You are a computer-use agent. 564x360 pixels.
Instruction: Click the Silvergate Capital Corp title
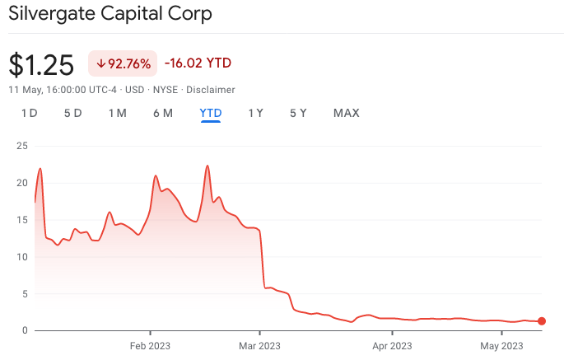(110, 14)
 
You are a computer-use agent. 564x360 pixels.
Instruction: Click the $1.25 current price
(41, 64)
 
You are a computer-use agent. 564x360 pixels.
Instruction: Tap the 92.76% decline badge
(123, 63)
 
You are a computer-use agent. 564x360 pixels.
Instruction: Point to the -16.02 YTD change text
(198, 63)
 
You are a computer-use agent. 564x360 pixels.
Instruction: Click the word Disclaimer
(210, 89)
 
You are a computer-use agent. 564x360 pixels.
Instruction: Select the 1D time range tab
(29, 113)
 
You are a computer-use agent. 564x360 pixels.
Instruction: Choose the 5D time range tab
(72, 113)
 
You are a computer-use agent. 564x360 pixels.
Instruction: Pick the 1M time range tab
(117, 113)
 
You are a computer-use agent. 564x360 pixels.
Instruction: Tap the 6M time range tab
(162, 113)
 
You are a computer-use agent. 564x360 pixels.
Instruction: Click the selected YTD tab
(211, 113)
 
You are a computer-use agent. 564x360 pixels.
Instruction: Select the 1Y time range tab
(256, 113)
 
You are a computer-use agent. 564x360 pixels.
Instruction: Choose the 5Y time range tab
(298, 113)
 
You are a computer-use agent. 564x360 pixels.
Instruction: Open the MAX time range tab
(346, 113)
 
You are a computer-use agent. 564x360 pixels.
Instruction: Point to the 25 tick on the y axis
(22, 146)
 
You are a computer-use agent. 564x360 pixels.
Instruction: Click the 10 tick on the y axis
(22, 257)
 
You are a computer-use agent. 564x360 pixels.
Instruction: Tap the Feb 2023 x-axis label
(150, 346)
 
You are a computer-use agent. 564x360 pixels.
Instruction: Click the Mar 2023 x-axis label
(259, 346)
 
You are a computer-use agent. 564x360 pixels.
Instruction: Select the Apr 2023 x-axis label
(391, 346)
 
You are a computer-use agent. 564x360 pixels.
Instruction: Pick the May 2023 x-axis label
(501, 346)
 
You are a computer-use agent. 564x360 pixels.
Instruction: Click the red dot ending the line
(542, 321)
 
